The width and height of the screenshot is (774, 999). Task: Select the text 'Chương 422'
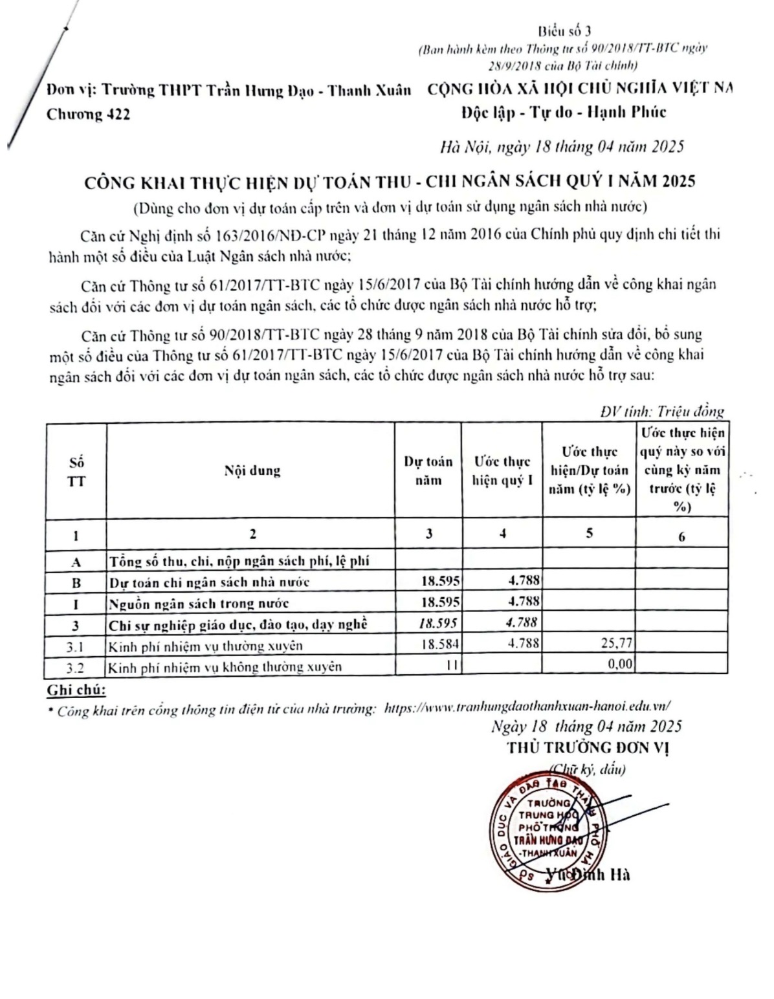coord(88,115)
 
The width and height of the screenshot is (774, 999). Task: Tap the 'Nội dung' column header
coord(252,470)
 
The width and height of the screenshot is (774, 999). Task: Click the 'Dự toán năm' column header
coord(428,470)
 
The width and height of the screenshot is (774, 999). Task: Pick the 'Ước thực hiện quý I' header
coord(502,470)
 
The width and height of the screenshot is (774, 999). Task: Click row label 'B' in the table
coord(76,582)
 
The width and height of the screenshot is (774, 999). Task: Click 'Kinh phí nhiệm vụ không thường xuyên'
coord(225,666)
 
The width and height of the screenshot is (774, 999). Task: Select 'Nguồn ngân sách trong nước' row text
coord(199,604)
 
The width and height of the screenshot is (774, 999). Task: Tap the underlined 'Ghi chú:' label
coord(76,690)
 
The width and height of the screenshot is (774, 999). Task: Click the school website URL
coord(527,707)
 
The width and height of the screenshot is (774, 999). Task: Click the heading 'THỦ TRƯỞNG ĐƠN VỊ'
coord(588,748)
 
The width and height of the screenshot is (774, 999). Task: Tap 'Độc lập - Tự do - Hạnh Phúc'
coord(563,113)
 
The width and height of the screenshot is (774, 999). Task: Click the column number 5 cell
coord(589,534)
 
